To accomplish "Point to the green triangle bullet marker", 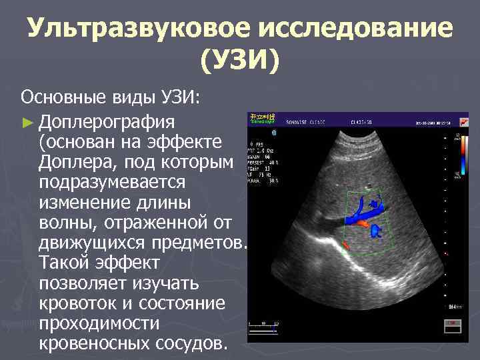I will pos(27,122).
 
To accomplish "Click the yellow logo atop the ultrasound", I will pos(261,117).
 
